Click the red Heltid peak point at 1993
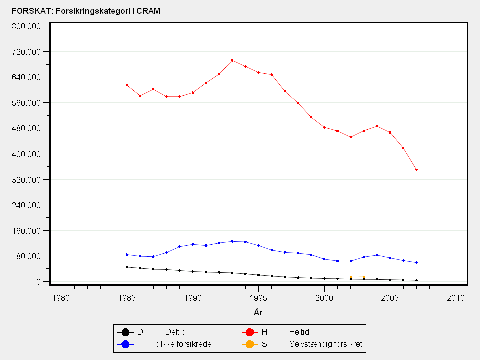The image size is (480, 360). click(232, 60)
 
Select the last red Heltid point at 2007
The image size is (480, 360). click(416, 170)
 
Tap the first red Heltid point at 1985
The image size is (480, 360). click(127, 85)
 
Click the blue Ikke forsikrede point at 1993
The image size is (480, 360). click(232, 241)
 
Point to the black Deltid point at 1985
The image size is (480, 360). click(127, 267)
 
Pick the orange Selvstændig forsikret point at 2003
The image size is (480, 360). click(364, 277)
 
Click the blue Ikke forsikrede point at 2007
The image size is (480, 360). click(416, 262)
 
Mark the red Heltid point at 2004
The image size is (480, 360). click(377, 126)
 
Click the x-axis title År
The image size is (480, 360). click(258, 313)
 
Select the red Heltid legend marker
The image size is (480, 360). click(251, 332)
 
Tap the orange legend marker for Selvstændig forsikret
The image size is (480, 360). click(251, 344)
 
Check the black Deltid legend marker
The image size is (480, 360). click(126, 332)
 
